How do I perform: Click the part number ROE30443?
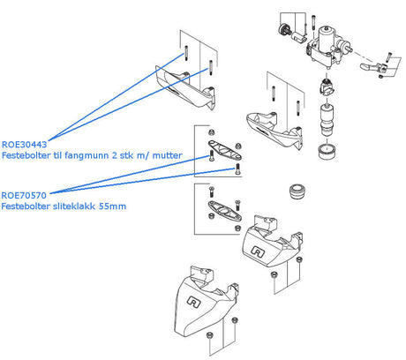coord(24,145)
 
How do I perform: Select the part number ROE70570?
coord(24,195)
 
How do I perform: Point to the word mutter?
coord(167,155)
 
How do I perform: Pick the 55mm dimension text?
coord(112,206)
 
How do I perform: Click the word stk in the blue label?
coord(126,155)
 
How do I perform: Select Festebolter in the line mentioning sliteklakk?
coord(26,206)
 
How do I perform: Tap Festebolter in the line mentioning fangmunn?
coord(26,155)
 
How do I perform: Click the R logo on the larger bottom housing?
coord(194,302)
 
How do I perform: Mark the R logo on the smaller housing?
coord(258,252)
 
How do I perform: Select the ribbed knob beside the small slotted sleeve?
coord(284,29)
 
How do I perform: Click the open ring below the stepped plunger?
coord(327,151)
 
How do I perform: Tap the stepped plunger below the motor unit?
coord(327,119)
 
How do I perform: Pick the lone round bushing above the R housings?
coord(297,191)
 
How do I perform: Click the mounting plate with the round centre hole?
coord(225,211)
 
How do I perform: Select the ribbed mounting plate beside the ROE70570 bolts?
coord(225,150)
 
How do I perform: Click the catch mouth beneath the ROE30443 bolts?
coord(185,87)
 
